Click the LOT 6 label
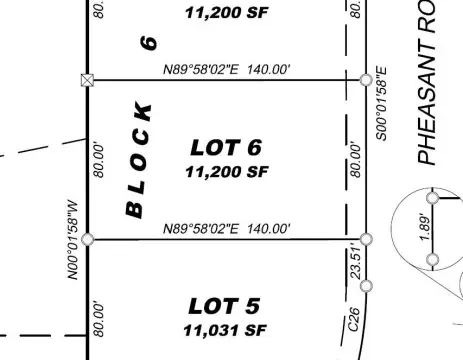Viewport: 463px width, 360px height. coord(226,148)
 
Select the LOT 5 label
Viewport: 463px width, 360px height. coord(226,306)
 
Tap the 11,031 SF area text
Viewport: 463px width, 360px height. coord(226,329)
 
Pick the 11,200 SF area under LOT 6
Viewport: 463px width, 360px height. coord(226,171)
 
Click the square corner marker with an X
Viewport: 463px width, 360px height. coord(88,80)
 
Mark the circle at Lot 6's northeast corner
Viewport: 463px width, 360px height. coord(366,79)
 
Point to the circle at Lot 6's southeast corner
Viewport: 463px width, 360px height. coord(366,239)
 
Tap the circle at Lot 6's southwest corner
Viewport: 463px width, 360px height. coord(88,239)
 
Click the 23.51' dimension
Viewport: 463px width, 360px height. coord(353,263)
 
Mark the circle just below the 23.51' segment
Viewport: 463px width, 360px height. coord(366,286)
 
